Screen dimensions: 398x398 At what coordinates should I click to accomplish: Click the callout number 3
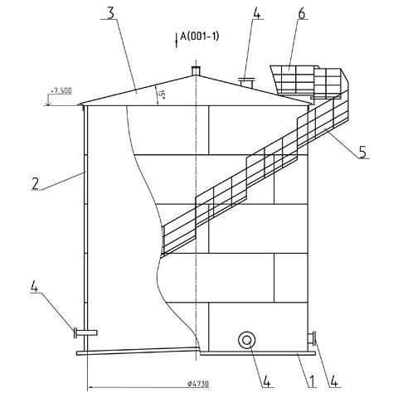click(110, 13)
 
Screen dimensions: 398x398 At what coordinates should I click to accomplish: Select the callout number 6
click(302, 13)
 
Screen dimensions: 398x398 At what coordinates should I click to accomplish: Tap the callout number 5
click(363, 152)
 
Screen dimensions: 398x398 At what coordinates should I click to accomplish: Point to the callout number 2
click(35, 183)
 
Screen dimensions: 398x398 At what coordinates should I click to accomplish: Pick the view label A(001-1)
click(200, 36)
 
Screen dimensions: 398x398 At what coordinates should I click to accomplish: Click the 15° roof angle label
click(162, 95)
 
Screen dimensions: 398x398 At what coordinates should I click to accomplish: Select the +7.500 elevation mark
click(61, 91)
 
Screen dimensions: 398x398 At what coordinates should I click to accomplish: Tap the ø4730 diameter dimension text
click(198, 384)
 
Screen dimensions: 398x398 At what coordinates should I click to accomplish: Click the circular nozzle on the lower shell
click(246, 340)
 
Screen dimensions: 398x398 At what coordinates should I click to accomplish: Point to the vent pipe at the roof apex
click(196, 70)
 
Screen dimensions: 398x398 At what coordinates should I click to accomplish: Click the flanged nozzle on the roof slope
click(246, 83)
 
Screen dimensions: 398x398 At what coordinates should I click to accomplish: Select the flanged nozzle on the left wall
click(85, 332)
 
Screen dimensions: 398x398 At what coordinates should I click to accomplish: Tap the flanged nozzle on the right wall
click(312, 338)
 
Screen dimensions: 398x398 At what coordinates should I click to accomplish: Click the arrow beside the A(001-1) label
click(176, 41)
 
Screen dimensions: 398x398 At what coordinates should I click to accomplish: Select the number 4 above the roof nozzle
click(257, 13)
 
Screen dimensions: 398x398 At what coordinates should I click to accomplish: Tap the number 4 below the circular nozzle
click(266, 381)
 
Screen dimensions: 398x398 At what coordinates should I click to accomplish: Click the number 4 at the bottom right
click(333, 381)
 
